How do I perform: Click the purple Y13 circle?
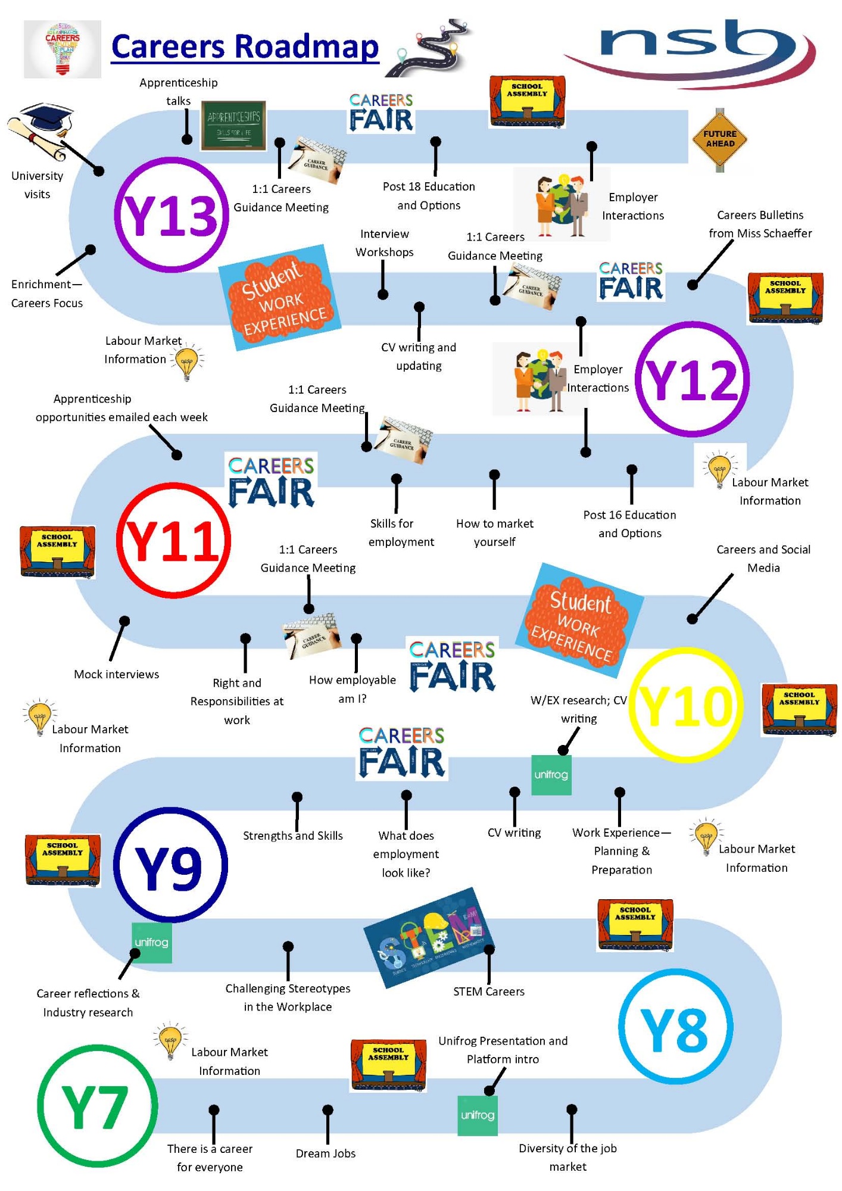171,215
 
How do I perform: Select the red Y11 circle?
173,540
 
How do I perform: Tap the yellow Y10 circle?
686,705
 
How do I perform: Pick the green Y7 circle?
97,1106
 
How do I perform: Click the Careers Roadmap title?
245,47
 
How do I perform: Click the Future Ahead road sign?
720,139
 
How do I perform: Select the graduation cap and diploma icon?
40,132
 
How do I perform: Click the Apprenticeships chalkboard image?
233,126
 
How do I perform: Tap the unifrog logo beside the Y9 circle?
152,943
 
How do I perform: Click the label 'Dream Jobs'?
326,1153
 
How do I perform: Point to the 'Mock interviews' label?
117,674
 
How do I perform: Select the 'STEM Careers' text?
489,992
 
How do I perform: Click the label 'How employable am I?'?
353,689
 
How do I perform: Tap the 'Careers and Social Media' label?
763,559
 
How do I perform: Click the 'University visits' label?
37,185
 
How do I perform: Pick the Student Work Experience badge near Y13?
280,297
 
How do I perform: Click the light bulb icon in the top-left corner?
63,49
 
